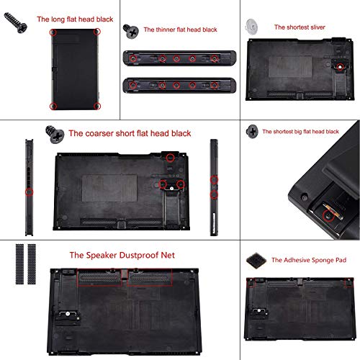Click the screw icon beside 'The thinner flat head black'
coord(130,31)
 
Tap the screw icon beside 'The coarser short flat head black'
coord(53,133)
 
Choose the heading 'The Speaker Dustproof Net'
coord(122,255)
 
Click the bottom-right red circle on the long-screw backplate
coord(97,106)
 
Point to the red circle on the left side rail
coord(29,192)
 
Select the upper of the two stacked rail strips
coord(179,58)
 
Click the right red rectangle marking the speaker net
coord(150,276)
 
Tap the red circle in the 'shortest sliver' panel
coord(339,67)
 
